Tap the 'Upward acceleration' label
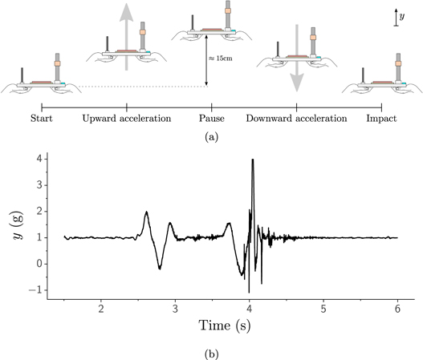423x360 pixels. click(x=127, y=119)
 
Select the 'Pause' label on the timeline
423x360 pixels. click(x=211, y=119)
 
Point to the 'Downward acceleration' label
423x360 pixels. click(x=296, y=119)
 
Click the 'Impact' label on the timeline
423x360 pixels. click(x=380, y=119)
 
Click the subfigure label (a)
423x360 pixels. click(x=211, y=137)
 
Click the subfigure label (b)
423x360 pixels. click(x=212, y=350)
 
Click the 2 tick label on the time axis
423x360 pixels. click(x=101, y=308)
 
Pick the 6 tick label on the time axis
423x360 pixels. click(x=397, y=308)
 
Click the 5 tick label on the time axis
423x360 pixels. click(x=323, y=308)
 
